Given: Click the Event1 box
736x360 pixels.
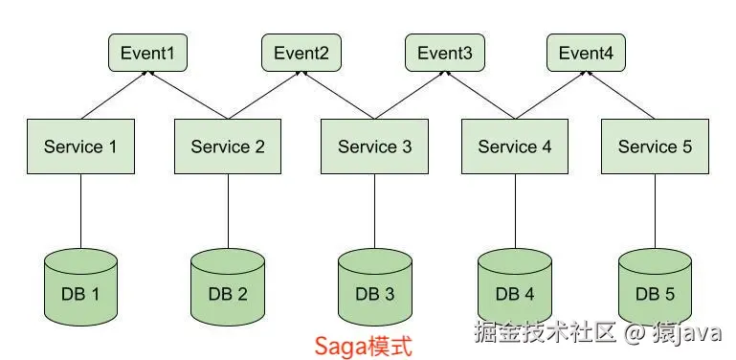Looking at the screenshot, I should [x=147, y=54].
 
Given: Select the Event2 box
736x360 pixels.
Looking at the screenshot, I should [x=301, y=54].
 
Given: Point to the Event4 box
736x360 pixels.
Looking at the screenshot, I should [x=586, y=54].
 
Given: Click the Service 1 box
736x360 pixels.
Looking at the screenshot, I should [x=80, y=146].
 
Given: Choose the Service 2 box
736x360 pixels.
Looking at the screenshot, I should [x=228, y=146].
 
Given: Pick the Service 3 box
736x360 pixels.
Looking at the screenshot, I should [x=374, y=146].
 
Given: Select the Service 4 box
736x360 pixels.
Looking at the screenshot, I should [x=515, y=146].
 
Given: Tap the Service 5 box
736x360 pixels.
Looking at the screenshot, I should [x=655, y=146].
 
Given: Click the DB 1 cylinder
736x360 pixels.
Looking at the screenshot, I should [x=80, y=286].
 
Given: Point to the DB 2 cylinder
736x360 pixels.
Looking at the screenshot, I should [x=228, y=286].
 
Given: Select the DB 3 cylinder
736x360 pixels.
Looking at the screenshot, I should [x=374, y=286].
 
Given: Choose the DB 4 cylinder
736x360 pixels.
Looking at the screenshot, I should [x=515, y=286].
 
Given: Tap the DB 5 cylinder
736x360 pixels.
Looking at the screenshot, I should [x=655, y=286].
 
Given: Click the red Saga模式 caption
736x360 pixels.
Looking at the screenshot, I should [x=365, y=346].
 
